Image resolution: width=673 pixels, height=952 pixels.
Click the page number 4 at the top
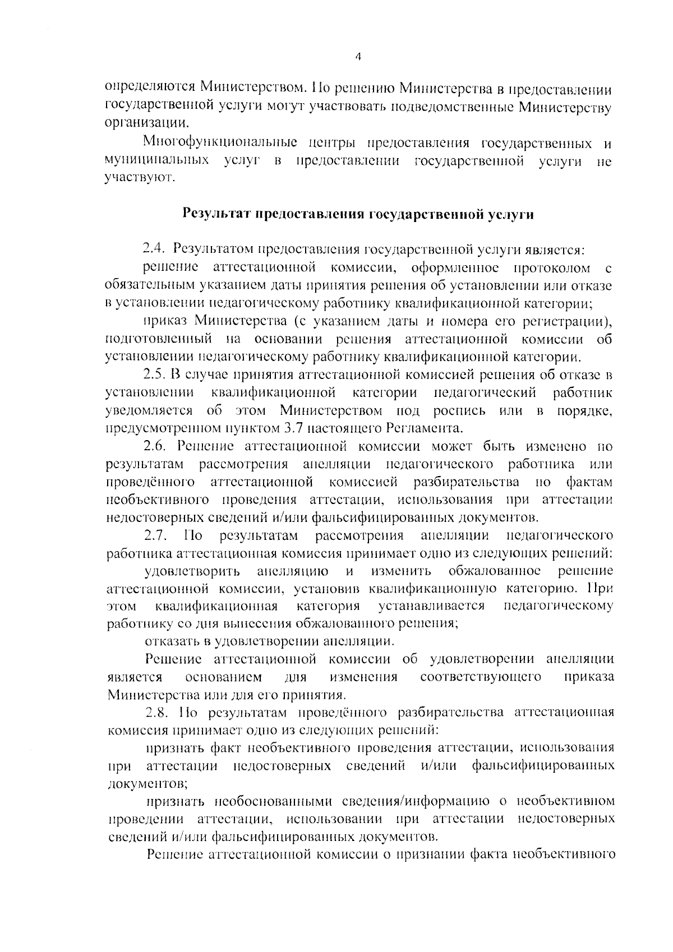(x=358, y=56)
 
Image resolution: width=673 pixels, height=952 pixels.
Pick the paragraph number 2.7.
(x=154, y=535)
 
